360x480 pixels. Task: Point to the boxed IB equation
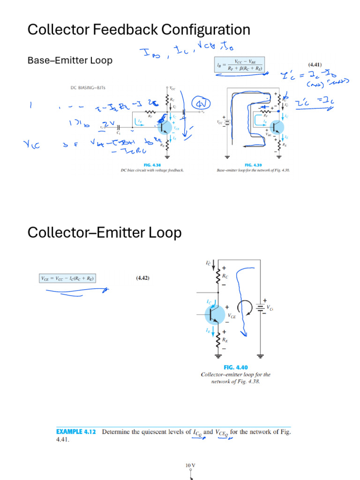(239, 65)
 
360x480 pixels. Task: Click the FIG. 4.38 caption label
(153, 165)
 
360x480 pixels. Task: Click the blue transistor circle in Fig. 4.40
(215, 313)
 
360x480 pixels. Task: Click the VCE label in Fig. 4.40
(232, 316)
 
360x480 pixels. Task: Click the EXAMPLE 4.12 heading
(76, 432)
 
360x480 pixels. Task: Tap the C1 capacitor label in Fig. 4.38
(119, 133)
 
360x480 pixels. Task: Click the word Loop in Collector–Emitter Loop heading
(165, 232)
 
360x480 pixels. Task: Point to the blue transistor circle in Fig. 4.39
(277, 127)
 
